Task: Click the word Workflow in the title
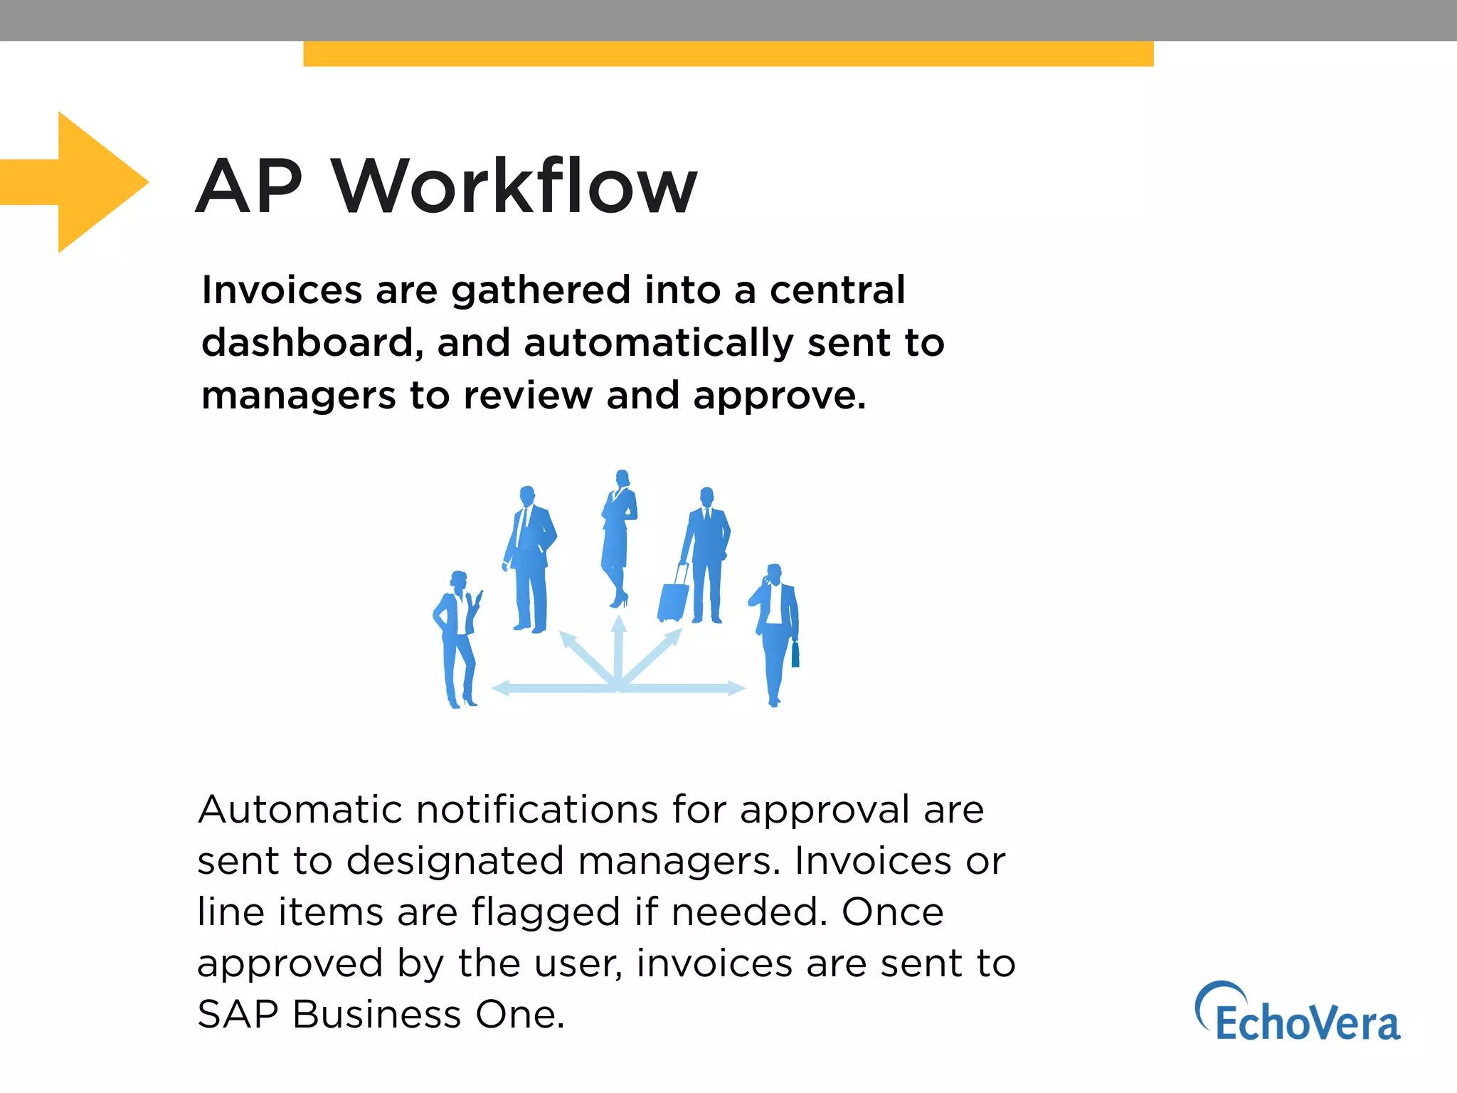tap(514, 186)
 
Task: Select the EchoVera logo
tap(1298, 1013)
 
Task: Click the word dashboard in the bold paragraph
tap(307, 343)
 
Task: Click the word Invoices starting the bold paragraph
tap(282, 290)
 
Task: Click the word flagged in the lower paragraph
tap(546, 913)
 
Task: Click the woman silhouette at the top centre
tap(619, 534)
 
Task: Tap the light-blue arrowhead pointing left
tap(501, 688)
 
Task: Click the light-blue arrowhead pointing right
tap(736, 688)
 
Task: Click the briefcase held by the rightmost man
tap(795, 655)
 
